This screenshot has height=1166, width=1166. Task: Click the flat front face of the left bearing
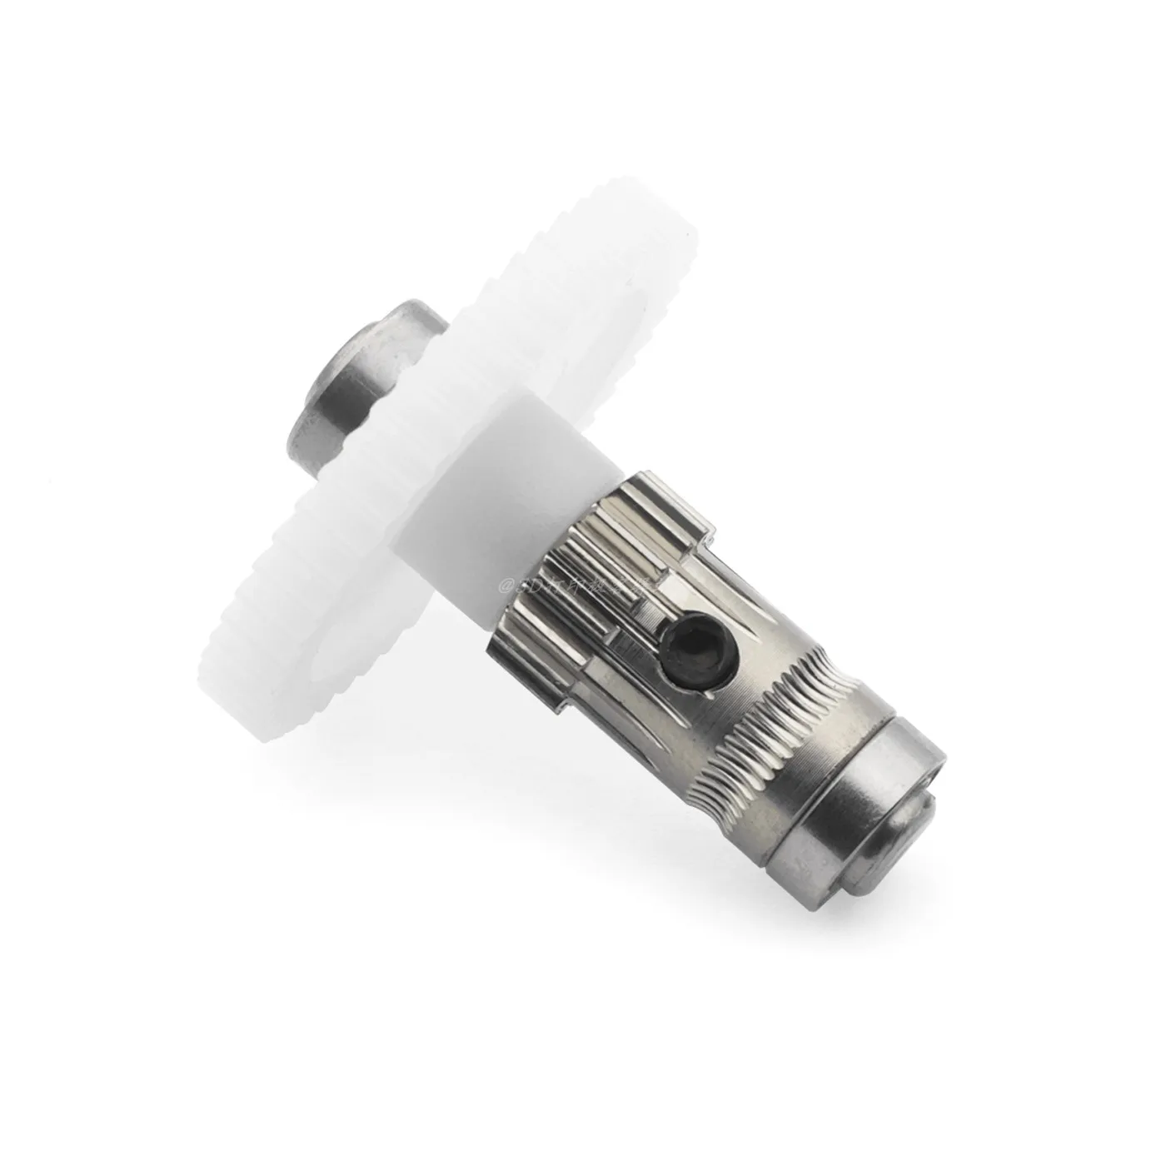[333, 366]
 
